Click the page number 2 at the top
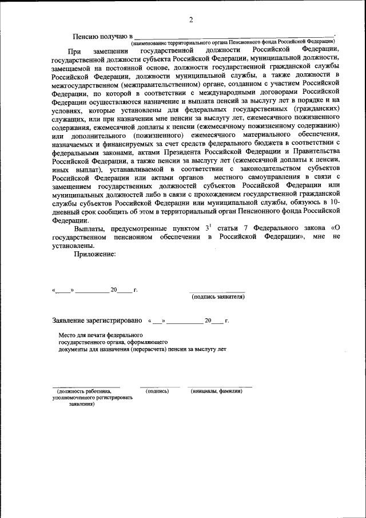(191, 21)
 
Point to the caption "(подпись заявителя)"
(218, 297)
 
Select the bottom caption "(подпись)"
(157, 392)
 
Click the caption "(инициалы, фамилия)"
(217, 392)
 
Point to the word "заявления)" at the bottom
(82, 404)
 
